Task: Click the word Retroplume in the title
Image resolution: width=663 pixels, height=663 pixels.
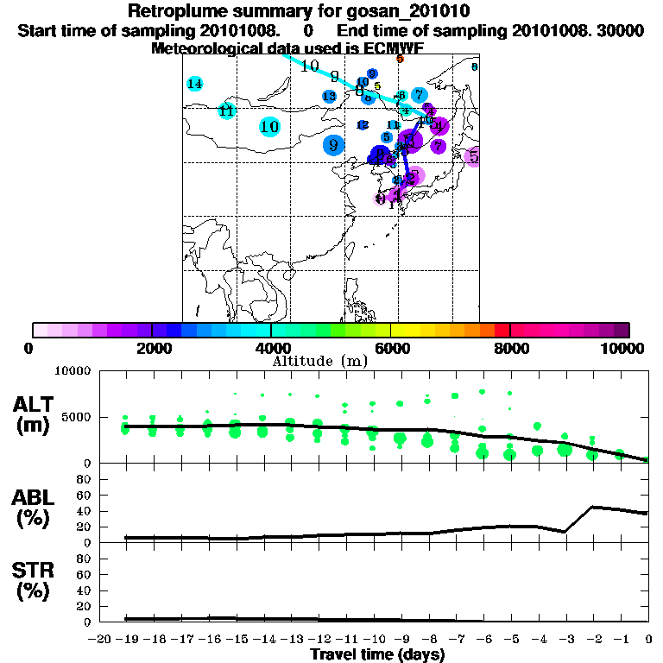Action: point(177,11)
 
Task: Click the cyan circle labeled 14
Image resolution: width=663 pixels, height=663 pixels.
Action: point(195,84)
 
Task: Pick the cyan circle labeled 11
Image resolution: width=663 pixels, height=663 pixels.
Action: point(226,110)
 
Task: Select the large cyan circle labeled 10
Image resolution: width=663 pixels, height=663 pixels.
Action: point(269,127)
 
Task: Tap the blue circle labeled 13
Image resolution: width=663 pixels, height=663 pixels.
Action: point(329,96)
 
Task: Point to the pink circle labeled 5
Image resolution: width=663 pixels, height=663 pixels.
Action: point(473,156)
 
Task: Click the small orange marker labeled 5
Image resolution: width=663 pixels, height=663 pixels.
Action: point(400,59)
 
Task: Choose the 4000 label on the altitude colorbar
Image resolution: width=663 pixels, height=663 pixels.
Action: point(271,348)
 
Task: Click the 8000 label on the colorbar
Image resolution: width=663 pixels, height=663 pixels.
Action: point(510,348)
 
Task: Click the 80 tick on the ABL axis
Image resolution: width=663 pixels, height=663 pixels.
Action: point(85,479)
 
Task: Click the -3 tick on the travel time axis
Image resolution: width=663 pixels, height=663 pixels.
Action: point(565,639)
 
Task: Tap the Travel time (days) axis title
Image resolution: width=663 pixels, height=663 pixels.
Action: point(377,654)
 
